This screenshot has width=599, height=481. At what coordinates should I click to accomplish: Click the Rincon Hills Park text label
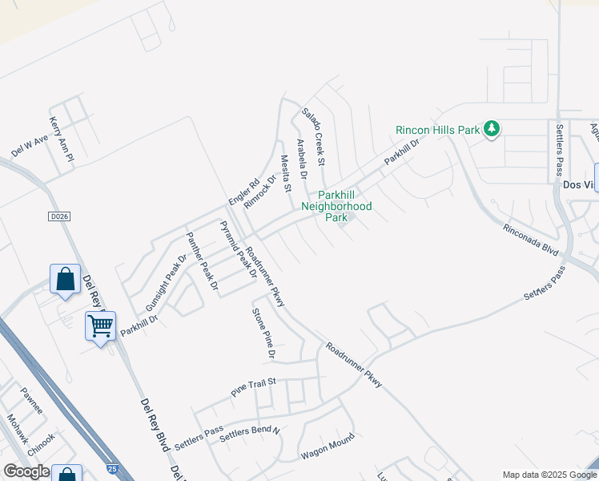(437, 130)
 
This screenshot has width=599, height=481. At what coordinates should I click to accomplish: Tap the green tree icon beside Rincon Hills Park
(492, 128)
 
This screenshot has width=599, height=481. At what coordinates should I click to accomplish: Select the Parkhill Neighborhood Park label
(336, 206)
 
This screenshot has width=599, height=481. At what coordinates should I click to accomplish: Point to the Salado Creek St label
(313, 137)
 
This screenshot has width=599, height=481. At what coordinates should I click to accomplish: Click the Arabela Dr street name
(302, 158)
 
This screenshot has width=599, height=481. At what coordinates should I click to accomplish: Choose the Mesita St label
(285, 173)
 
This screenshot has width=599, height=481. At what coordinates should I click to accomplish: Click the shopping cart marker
(100, 325)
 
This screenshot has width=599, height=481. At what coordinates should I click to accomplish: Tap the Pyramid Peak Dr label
(237, 249)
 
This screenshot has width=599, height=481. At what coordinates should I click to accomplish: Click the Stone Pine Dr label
(264, 333)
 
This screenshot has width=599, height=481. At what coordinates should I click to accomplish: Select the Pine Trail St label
(253, 387)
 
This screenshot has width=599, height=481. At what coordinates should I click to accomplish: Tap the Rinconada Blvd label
(530, 239)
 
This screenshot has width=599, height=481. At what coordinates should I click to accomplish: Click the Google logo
(26, 471)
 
